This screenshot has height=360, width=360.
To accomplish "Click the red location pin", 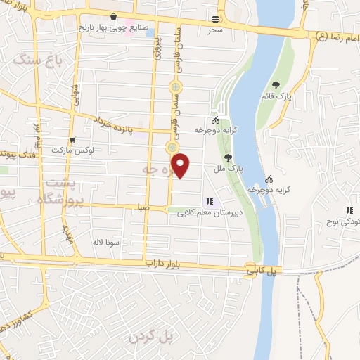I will point(181,165).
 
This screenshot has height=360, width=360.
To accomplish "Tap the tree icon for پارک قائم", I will point(285,86).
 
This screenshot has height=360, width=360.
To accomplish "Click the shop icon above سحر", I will point(214,20).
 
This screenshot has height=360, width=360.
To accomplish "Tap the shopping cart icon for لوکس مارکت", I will point(72,139).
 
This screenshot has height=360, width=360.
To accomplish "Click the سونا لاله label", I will point(108,242).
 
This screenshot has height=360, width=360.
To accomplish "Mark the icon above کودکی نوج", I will point(349,210).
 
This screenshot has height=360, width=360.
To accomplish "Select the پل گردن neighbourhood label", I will point(150,337).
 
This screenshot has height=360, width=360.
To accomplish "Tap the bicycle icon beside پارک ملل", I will point(215,120).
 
